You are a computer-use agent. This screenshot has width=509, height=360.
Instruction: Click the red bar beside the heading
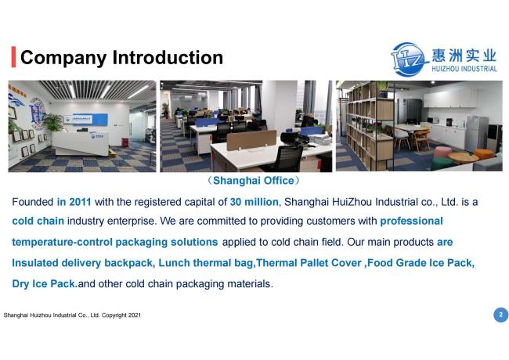13,57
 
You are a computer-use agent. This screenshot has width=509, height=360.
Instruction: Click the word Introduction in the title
168,57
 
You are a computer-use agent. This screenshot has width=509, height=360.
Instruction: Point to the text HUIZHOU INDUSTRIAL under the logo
464,69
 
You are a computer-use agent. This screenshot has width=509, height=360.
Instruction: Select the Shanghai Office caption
254,181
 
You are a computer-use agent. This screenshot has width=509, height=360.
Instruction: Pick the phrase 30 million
254,202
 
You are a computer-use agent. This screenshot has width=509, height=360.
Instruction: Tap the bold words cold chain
38,221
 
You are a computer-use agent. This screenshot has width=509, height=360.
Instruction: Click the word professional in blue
411,221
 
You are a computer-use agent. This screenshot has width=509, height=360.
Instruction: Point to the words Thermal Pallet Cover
309,263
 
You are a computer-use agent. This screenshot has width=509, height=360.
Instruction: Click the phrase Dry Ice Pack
45,284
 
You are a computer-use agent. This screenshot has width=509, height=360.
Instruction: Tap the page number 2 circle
500,315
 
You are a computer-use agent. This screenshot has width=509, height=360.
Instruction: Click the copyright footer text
72,315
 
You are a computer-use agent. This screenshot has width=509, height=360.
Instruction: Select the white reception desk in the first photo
81,143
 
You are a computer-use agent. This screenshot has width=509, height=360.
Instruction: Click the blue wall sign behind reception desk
85,120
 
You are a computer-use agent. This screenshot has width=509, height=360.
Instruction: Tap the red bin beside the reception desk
125,142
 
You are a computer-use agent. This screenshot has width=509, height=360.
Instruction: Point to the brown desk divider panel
251,140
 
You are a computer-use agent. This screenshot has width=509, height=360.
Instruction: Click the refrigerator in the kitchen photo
477,134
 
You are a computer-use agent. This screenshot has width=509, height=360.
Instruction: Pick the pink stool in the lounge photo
442,153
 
